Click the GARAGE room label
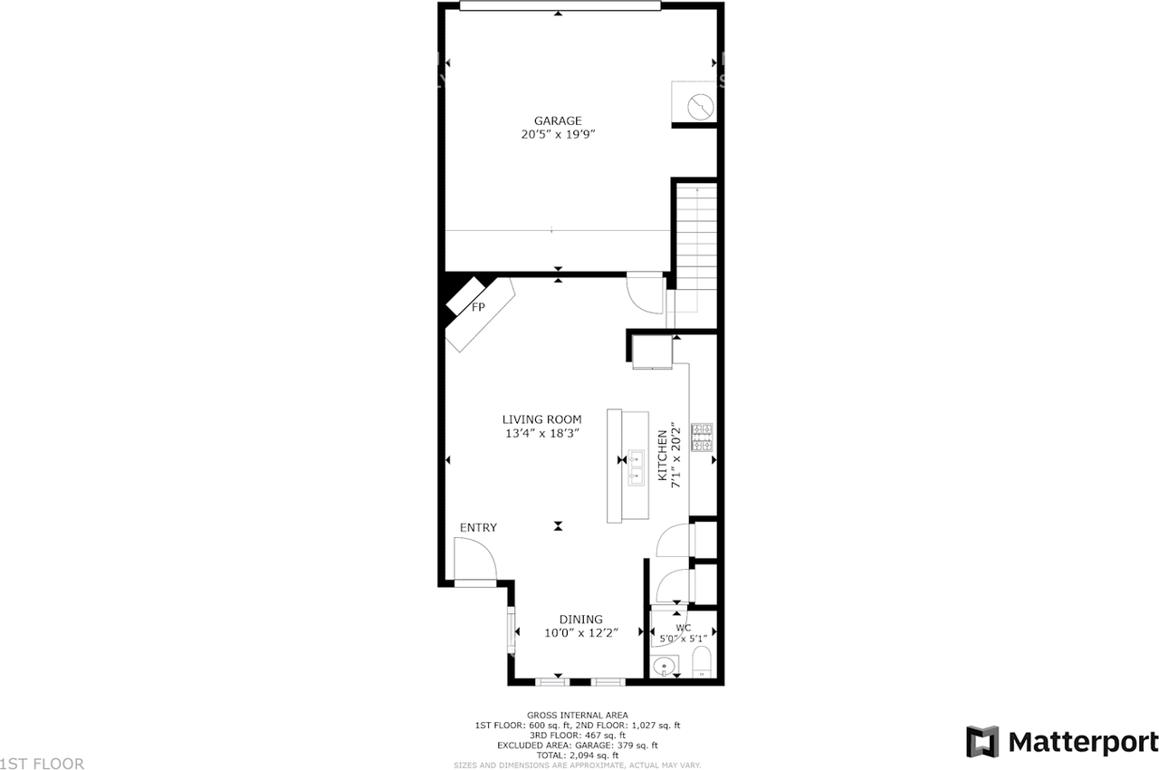[557, 120]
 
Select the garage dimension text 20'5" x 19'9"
[557, 134]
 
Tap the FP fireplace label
[477, 308]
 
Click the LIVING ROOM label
[541, 419]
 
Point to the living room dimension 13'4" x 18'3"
[541, 433]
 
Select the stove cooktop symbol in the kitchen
[703, 438]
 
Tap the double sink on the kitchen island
[637, 467]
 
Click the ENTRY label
[478, 528]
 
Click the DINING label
[580, 620]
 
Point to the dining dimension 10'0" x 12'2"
[580, 633]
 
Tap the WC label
[683, 628]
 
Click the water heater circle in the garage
[699, 107]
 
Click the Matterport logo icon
[982, 741]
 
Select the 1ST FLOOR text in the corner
[43, 764]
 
